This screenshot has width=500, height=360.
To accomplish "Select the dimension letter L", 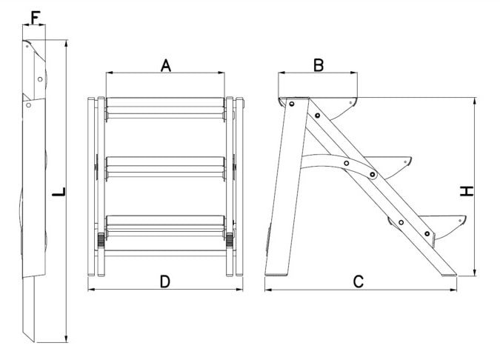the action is [59, 192].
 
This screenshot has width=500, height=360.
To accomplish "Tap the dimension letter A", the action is [165, 65].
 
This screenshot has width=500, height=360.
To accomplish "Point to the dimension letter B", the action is [319, 65].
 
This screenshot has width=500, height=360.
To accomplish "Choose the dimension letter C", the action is [359, 281].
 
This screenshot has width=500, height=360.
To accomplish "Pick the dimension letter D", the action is [165, 281].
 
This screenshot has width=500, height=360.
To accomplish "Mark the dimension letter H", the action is [467, 191].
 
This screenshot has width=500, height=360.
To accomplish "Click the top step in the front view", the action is [165, 108].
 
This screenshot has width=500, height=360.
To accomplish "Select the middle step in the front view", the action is [165, 167].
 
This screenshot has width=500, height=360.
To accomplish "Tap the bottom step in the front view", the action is [165, 226].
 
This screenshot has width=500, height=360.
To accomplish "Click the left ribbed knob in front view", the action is [101, 240].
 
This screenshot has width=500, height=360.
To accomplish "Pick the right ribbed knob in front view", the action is [230, 240].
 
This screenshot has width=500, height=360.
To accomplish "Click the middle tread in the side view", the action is [387, 167].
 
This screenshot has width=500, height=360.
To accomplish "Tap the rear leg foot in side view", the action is [278, 274].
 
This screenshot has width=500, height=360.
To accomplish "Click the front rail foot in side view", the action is [449, 274].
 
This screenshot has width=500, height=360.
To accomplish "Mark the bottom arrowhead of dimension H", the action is [475, 273].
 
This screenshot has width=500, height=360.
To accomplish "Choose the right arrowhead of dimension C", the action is [453, 290].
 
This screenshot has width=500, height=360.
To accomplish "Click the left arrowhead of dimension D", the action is [92, 290].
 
